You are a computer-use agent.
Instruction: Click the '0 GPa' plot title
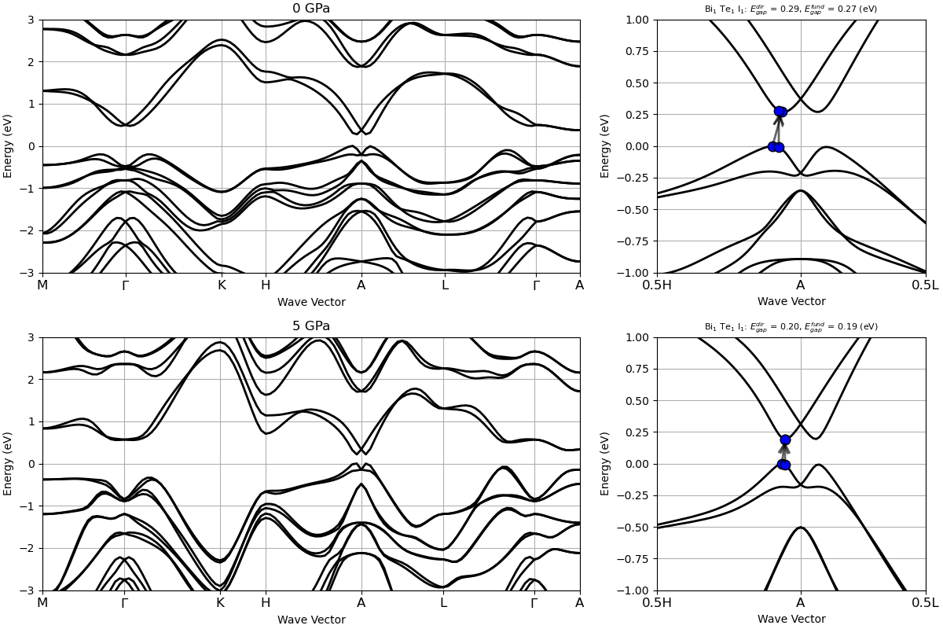[311, 9]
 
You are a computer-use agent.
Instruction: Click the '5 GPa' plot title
[311, 326]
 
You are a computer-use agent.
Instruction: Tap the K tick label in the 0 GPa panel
[222, 285]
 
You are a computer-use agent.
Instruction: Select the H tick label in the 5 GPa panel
[266, 603]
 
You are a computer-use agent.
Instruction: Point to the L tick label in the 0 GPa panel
[445, 285]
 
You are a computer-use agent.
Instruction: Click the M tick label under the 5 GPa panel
[42, 603]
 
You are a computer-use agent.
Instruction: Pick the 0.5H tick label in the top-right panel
[657, 285]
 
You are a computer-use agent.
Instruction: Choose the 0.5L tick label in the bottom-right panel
[925, 603]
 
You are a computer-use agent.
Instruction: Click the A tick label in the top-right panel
[801, 285]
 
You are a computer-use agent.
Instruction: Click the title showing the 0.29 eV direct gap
[791, 9]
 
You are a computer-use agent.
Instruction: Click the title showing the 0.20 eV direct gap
[791, 327]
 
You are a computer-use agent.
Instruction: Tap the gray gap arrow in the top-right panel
[778, 130]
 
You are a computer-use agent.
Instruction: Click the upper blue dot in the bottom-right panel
[785, 440]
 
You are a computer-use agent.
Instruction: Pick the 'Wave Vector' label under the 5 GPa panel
[311, 620]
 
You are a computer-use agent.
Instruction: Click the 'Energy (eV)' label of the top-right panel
[606, 146]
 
